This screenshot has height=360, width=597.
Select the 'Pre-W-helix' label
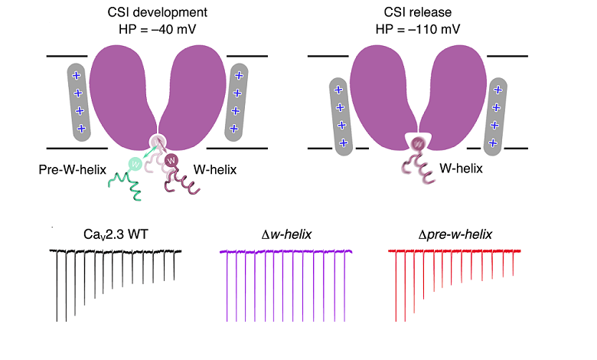70,168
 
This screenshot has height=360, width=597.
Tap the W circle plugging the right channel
419,143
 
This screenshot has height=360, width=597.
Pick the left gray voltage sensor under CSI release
340,116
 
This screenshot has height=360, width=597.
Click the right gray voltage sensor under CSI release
497,116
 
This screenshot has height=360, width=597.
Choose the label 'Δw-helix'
281,232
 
